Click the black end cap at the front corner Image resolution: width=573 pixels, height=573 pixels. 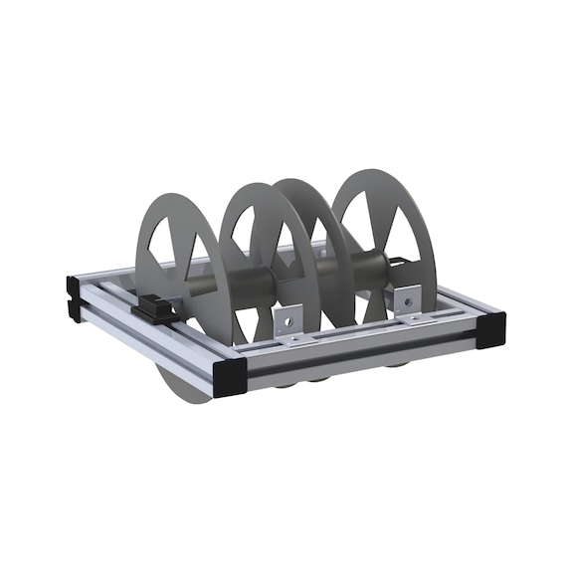coord(230,377)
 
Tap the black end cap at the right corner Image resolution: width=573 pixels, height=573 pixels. coord(490,329)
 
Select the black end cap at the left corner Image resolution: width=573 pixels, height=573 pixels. coord(74,295)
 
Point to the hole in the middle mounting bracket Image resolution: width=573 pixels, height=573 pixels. coord(286,320)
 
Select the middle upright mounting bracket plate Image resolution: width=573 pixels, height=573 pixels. coord(286,324)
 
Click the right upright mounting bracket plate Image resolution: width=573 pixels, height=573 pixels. coord(406,300)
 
